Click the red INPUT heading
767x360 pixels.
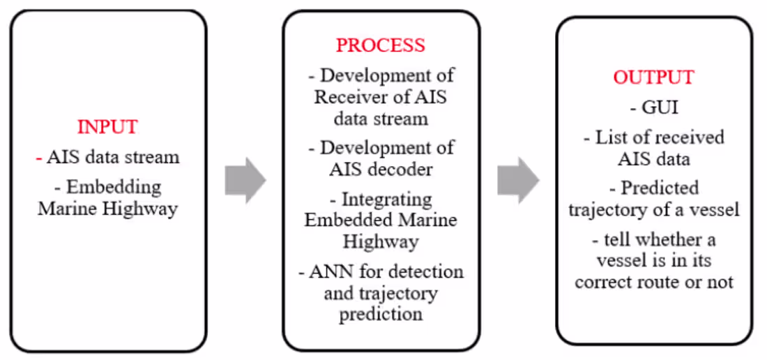point(107,127)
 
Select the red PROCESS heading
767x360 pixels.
point(380,45)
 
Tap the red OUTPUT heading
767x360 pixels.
point(653,77)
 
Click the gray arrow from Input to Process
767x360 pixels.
point(245,181)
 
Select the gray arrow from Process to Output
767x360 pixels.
point(517,181)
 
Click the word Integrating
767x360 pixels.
point(381,200)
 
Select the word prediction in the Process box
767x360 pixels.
point(381,314)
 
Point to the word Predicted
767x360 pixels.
point(659,188)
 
